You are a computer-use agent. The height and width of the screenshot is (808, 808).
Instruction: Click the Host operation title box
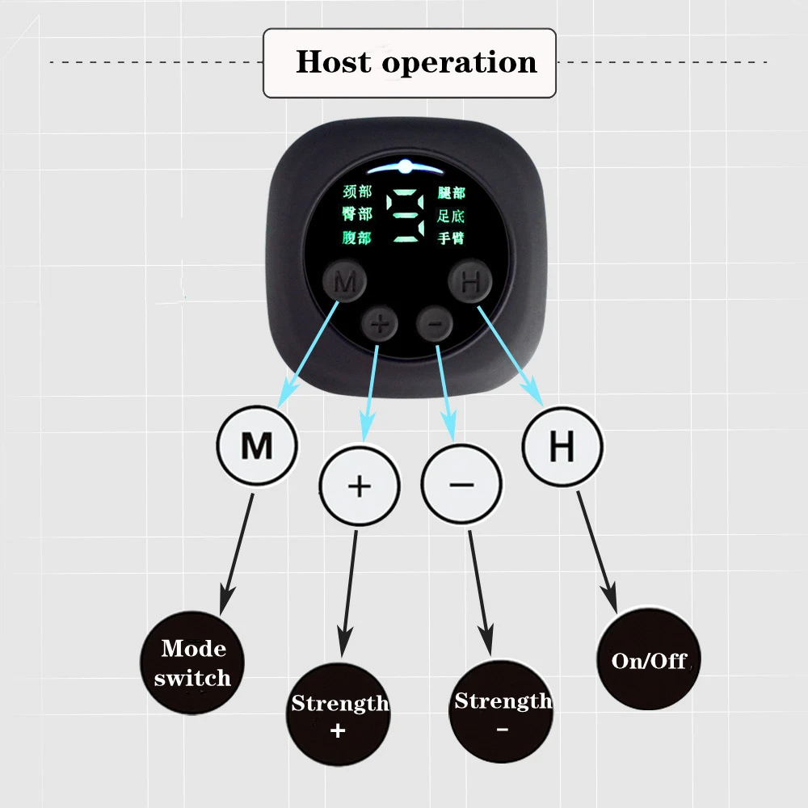[x=410, y=63]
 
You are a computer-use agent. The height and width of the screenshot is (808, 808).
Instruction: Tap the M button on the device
[x=345, y=282]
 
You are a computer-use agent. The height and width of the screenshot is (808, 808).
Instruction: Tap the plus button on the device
[x=381, y=325]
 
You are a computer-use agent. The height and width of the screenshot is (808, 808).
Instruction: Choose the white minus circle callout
[x=461, y=486]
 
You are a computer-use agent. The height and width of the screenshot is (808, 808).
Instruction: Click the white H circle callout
[x=562, y=447]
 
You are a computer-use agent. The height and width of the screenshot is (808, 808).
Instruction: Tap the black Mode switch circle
[x=191, y=663]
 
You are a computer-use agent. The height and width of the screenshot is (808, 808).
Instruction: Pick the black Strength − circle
[x=502, y=712]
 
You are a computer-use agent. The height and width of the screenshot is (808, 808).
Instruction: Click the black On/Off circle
[x=648, y=660]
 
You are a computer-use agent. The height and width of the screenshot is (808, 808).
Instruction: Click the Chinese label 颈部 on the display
[x=357, y=194]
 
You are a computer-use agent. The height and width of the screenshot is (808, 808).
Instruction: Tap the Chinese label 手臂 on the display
[x=451, y=238]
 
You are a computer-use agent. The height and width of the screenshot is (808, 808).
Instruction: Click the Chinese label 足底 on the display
[x=451, y=216]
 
